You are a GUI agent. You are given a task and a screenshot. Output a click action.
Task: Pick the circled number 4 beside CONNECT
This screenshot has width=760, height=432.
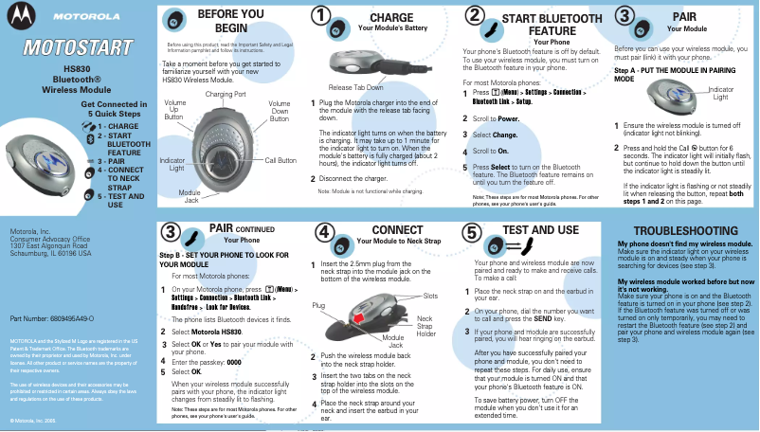pyautogui.click(x=323, y=231)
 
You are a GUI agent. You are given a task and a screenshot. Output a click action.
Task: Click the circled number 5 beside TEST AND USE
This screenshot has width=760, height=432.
pyautogui.click(x=472, y=231)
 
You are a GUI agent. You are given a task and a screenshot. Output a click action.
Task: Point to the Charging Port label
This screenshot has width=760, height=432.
pyautogui.click(x=226, y=95)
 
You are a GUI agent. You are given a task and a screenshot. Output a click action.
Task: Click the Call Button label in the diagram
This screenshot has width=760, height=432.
pyautogui.click(x=280, y=161)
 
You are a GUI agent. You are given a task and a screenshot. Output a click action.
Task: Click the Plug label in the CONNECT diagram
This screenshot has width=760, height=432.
pyautogui.click(x=318, y=305)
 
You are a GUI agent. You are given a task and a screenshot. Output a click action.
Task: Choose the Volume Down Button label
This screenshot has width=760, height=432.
pyautogui.click(x=280, y=110)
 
